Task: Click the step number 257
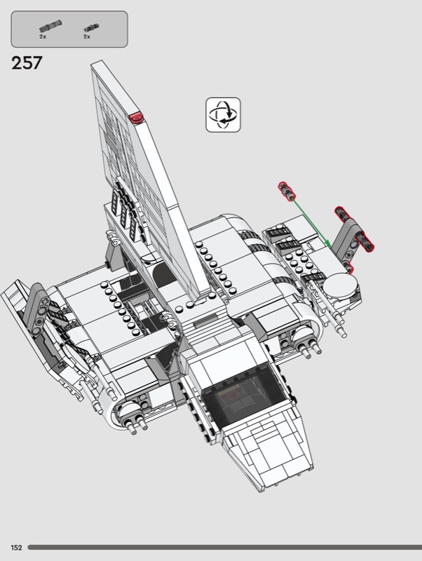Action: tap(27, 63)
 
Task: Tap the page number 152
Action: tap(16, 548)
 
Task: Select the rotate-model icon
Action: tap(223, 114)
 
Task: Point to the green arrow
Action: tap(311, 223)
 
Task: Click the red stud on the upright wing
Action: tap(136, 117)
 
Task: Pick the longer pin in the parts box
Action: tap(50, 26)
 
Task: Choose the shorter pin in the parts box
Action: tap(92, 28)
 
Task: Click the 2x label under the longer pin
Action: tap(43, 36)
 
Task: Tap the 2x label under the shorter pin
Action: tap(87, 36)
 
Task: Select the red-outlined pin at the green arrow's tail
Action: tap(287, 191)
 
